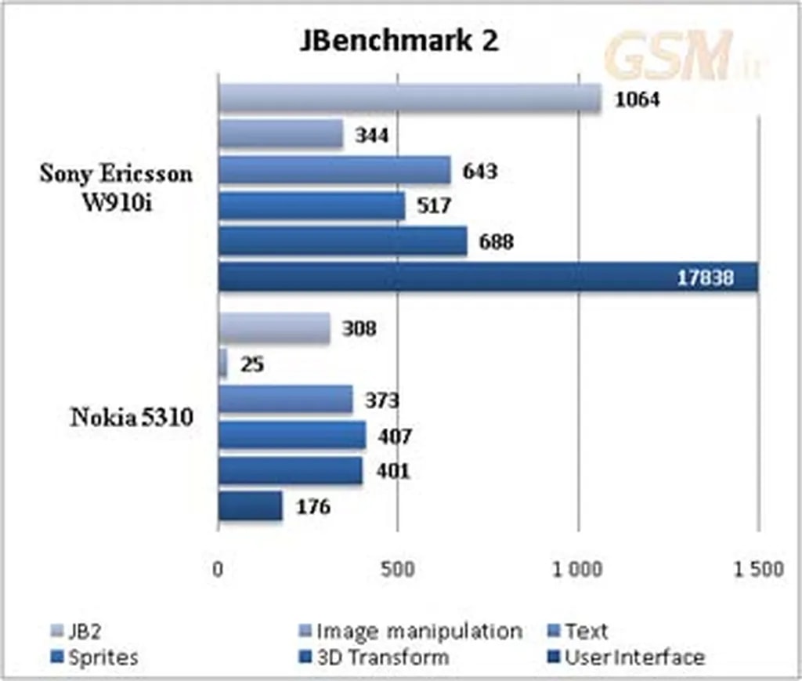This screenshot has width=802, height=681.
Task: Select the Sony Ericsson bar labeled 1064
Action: (x=409, y=99)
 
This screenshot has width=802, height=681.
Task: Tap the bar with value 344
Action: (x=280, y=135)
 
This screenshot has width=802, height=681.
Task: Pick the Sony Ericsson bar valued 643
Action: (x=334, y=170)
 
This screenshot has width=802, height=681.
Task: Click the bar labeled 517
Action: (x=311, y=206)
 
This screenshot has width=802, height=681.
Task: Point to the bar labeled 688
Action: (x=342, y=241)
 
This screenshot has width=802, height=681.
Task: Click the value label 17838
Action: (x=705, y=277)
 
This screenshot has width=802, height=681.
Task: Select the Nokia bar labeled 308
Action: (x=273, y=328)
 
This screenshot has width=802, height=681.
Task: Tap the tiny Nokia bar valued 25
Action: (x=222, y=364)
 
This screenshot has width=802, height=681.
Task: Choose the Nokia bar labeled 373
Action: (x=285, y=400)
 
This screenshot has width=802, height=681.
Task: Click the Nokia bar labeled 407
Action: (x=291, y=436)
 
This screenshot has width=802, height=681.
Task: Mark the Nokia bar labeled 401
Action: (x=290, y=471)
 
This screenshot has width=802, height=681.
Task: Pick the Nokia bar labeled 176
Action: (x=250, y=506)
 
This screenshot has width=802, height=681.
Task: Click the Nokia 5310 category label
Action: (x=132, y=417)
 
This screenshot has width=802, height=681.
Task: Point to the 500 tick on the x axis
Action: (x=398, y=569)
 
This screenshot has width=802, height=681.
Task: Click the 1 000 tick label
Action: (x=578, y=569)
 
